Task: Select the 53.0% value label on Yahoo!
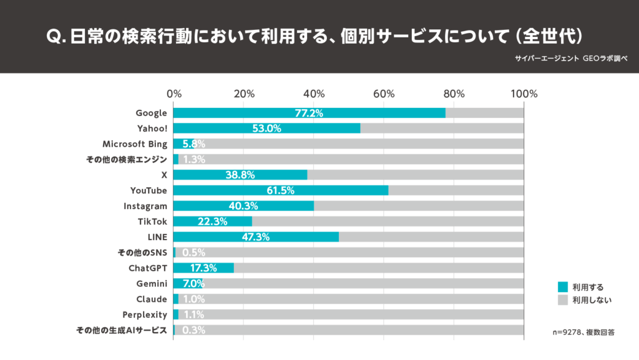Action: click(x=266, y=129)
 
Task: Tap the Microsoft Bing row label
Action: click(x=135, y=144)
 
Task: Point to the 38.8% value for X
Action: click(x=240, y=175)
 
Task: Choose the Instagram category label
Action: click(x=145, y=206)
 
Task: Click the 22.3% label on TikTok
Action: click(x=213, y=221)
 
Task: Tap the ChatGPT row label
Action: click(x=147, y=268)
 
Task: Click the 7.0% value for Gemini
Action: click(x=193, y=284)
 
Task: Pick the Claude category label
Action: click(x=152, y=299)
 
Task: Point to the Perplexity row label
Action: click(x=145, y=314)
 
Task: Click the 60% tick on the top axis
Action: click(x=384, y=94)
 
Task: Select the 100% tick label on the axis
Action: click(x=524, y=94)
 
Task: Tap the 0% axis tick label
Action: click(x=174, y=94)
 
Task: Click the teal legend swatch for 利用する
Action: click(x=563, y=287)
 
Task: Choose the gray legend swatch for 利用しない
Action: click(x=563, y=300)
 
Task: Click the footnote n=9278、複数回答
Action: click(x=583, y=333)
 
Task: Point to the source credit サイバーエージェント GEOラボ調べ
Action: click(x=571, y=57)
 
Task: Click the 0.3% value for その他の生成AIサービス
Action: click(x=193, y=330)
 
